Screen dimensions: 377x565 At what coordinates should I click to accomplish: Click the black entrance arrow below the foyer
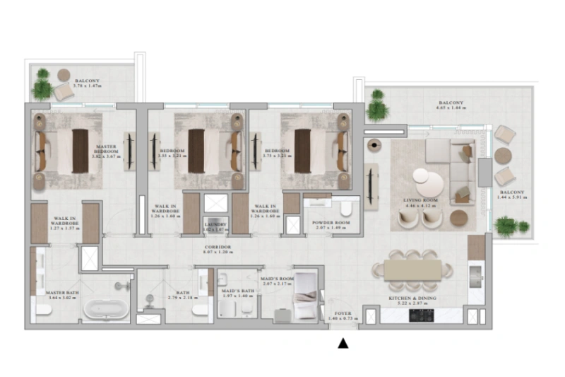coord(343,344)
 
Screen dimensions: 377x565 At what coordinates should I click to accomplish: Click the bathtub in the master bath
coord(106,308)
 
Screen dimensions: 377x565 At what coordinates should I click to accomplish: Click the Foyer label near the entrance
coord(343,316)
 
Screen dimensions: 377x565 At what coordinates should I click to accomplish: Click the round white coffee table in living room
coord(429,182)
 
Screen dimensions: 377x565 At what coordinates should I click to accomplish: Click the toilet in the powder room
coord(346,209)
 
